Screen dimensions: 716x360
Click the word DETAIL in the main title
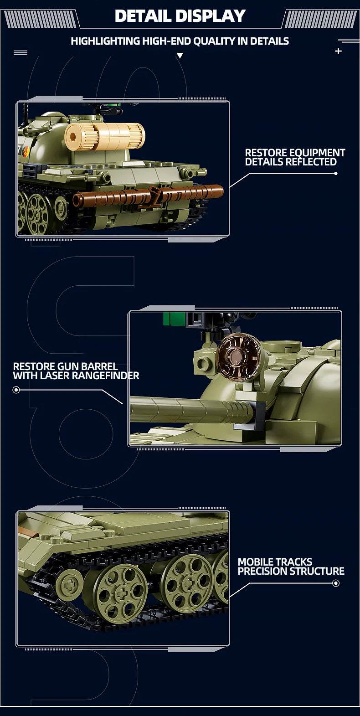[x=142, y=16]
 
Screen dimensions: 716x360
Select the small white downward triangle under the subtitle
[x=180, y=56]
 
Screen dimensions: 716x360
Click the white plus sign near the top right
[x=338, y=51]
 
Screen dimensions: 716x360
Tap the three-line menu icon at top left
[x=21, y=53]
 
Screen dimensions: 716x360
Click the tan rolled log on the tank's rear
[x=105, y=136]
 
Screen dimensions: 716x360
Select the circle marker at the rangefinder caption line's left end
[x=16, y=390]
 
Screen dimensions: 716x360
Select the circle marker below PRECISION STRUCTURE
[x=336, y=583]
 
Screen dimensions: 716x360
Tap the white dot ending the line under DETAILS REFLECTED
[x=336, y=173]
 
